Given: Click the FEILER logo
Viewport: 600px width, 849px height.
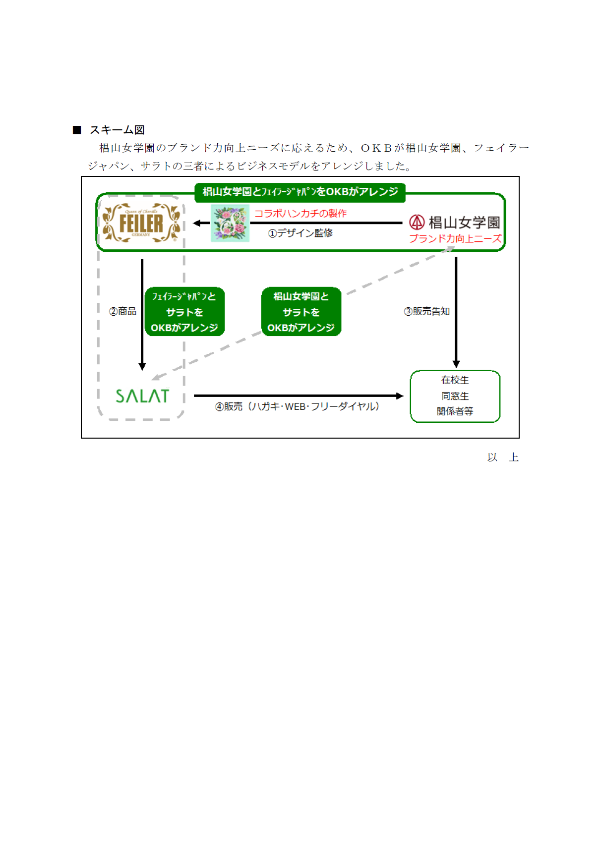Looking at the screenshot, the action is (141, 223).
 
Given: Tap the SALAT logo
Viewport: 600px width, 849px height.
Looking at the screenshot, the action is (142, 396).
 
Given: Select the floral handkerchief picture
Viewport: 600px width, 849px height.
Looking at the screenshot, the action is (230, 223).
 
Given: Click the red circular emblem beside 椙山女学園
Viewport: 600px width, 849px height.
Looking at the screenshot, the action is (417, 222).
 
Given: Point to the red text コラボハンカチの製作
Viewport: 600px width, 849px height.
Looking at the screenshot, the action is (300, 214).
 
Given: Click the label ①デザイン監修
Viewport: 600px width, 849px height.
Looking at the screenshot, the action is (300, 233).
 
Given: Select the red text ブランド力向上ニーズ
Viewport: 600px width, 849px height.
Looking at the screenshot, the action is (455, 238).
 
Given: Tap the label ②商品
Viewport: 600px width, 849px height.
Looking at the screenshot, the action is (122, 311).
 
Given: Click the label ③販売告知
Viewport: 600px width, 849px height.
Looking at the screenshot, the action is (426, 311).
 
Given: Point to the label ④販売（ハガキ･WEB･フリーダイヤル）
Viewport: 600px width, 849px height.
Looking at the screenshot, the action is (298, 406).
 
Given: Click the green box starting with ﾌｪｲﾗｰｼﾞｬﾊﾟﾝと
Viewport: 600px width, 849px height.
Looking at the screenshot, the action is (184, 312).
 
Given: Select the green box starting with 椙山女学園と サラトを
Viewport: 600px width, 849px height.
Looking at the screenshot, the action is (301, 312).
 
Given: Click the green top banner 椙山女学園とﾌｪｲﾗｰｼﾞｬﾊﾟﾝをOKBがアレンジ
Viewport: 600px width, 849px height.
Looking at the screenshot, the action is (300, 192).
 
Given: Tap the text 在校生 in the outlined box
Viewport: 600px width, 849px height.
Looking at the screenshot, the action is (455, 380).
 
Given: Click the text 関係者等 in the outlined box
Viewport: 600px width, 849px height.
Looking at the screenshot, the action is (455, 411).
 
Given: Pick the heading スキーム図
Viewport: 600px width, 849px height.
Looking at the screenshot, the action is (117, 130).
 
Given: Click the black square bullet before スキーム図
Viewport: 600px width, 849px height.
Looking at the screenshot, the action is (77, 130).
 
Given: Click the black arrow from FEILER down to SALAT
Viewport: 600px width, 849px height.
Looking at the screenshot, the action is (142, 315).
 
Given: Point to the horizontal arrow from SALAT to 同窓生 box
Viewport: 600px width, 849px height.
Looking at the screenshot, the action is (299, 396).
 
